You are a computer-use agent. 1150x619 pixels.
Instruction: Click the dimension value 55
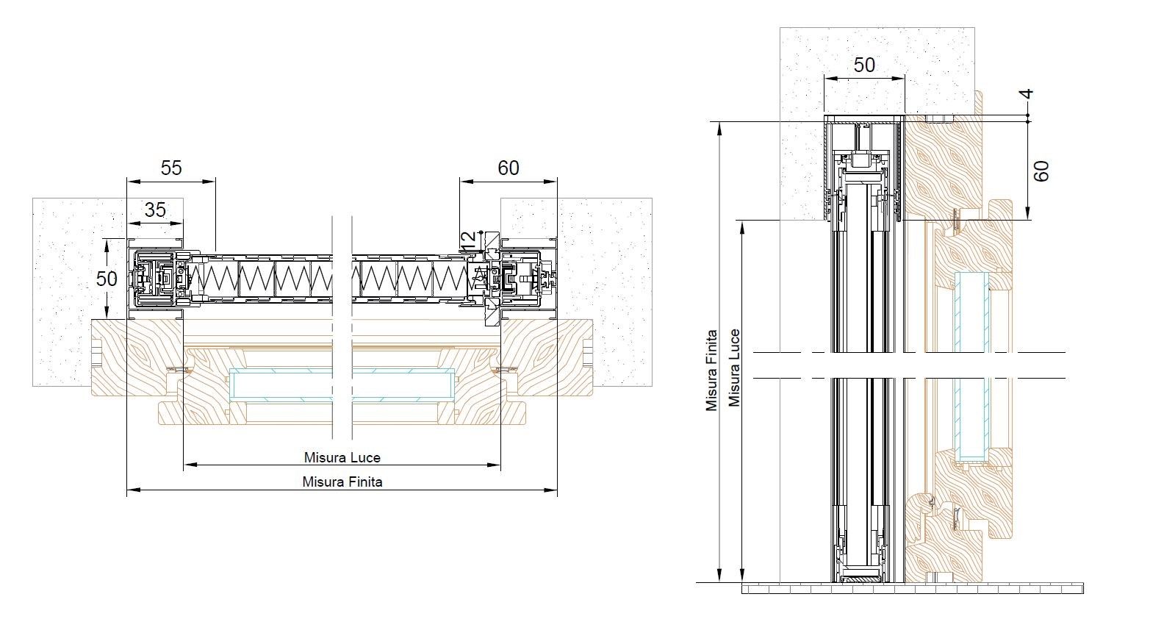click(x=171, y=168)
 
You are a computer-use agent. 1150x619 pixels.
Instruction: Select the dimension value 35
click(x=155, y=210)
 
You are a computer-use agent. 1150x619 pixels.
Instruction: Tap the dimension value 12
click(x=468, y=241)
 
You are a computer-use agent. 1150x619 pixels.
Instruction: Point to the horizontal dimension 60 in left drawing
click(x=508, y=168)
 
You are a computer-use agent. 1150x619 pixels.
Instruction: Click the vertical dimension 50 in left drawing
click(x=107, y=279)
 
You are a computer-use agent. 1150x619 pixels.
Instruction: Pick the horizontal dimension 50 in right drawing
click(x=864, y=65)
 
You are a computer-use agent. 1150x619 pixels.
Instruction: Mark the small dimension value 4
click(x=1027, y=94)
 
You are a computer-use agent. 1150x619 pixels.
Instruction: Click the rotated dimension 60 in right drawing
click(x=1041, y=171)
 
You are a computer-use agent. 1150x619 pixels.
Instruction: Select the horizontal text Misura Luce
click(x=342, y=457)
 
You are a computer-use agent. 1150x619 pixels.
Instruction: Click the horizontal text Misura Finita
click(x=342, y=482)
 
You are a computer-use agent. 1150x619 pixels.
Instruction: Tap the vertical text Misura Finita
click(x=711, y=370)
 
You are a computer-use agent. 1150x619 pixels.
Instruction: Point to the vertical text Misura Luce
click(x=735, y=368)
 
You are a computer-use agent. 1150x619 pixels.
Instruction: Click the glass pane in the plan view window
click(x=342, y=384)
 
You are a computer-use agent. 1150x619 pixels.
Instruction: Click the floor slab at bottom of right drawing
click(x=913, y=588)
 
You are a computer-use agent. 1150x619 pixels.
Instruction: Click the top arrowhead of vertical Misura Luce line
click(x=742, y=226)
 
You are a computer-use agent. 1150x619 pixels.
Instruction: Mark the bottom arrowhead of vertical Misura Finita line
click(x=719, y=576)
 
